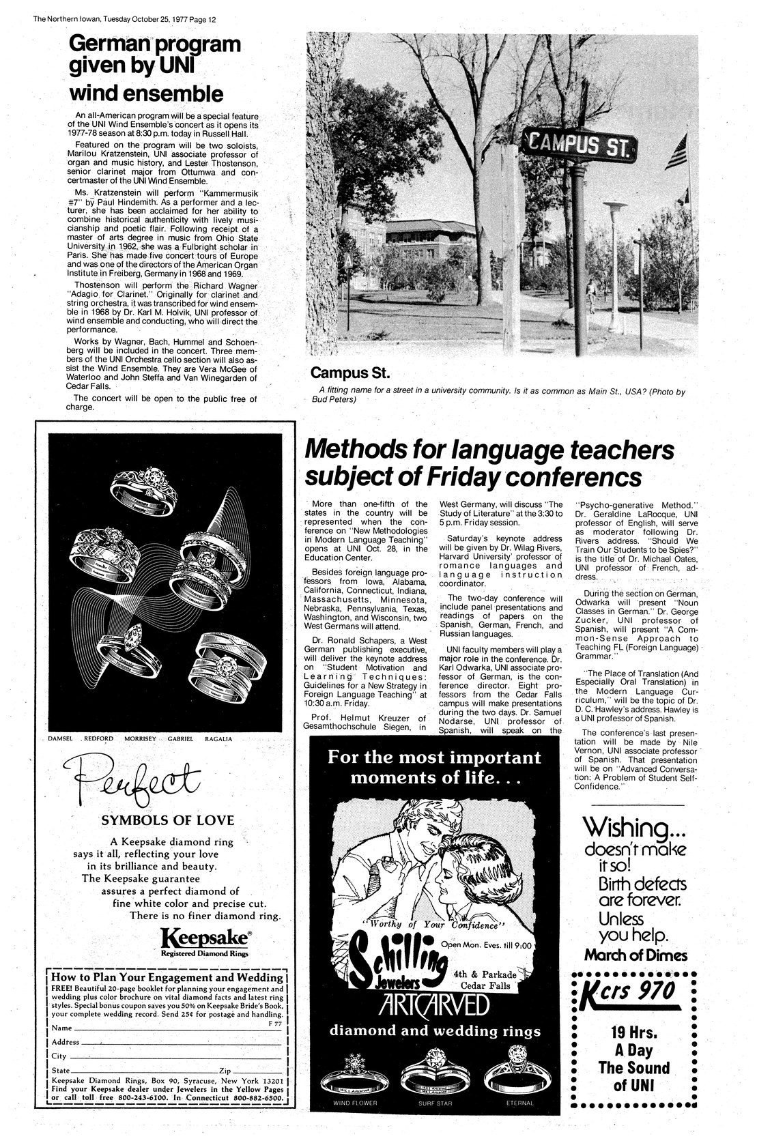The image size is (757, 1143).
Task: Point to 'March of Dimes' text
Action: click(635, 954)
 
